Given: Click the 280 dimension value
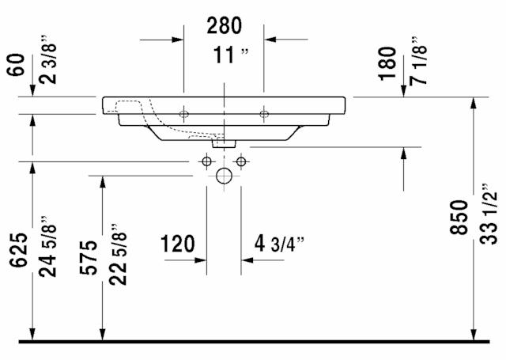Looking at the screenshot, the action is pyautogui.click(x=224, y=26).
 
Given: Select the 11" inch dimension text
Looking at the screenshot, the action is pyautogui.click(x=231, y=55).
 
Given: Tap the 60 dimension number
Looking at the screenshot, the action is pyautogui.click(x=16, y=65).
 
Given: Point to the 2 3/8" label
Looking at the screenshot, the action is pyautogui.click(x=48, y=59).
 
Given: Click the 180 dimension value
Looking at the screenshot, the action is pyautogui.click(x=387, y=63).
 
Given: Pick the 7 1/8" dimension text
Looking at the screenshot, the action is pyautogui.click(x=419, y=61).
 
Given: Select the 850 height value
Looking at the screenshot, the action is pyautogui.click(x=459, y=217).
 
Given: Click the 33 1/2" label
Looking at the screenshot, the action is pyautogui.click(x=489, y=214).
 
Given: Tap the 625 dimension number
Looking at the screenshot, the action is pyautogui.click(x=18, y=250).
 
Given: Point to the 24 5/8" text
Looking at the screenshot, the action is pyautogui.click(x=47, y=246).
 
